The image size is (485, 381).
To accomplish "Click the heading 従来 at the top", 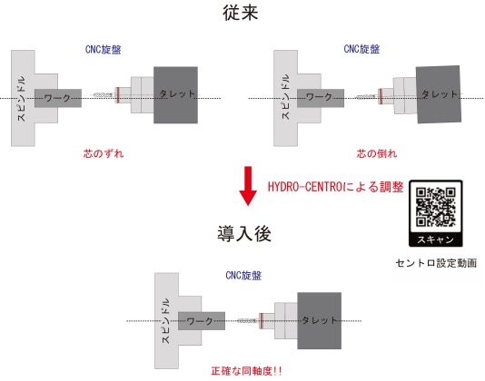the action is tap(241, 13).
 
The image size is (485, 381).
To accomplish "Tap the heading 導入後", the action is tap(244, 233).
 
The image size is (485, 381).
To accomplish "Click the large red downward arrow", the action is tap(248, 186).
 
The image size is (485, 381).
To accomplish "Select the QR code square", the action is tap(436, 207).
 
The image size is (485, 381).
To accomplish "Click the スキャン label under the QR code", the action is tap(436, 239).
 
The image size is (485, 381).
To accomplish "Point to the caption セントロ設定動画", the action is tap(436, 263).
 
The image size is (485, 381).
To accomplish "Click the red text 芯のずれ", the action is tap(104, 153).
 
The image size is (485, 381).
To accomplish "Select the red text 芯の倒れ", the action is tap(377, 153).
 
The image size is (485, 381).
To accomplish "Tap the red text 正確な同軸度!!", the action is tap(246, 371).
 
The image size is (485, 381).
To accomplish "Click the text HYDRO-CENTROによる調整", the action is tap(336, 187).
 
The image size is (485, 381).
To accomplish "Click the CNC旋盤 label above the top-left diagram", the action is tap(103, 50).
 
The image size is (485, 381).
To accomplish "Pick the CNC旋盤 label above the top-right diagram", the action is tap(361, 49).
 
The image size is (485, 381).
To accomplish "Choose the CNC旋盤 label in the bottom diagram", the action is tap(243, 276).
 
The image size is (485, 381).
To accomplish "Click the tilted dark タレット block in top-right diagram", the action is tap(439, 94).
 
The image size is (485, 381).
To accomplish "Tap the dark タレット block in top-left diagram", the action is tap(175, 95).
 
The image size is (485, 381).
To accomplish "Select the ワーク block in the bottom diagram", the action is tap(202, 321).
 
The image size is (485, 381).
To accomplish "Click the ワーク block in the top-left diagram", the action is tap(58, 98).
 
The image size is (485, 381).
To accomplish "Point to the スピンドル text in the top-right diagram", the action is tap(285, 97).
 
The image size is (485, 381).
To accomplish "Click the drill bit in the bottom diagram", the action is tap(248, 321).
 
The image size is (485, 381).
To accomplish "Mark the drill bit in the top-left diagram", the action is tap(103, 94).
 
